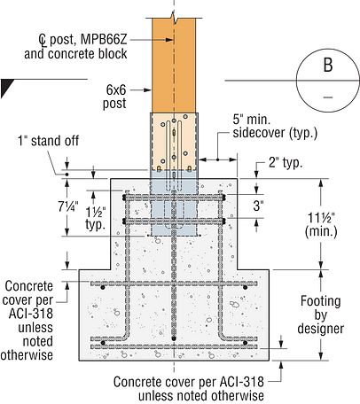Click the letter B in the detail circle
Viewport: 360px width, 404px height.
(328, 65)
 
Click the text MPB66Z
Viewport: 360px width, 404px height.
(104, 39)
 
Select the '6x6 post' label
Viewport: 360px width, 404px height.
(114, 97)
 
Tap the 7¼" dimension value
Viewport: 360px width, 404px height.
(68, 206)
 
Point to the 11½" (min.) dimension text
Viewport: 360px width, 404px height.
(321, 225)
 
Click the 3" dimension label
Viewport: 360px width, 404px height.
(258, 206)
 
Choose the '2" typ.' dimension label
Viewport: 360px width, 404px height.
(286, 162)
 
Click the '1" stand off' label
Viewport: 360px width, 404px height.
(48, 141)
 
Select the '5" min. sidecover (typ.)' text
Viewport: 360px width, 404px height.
(275, 127)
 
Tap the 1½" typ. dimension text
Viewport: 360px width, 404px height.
(96, 219)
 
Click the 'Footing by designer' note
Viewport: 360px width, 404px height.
(321, 315)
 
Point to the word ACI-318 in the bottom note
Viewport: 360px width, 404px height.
(241, 382)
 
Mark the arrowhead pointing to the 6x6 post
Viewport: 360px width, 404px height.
(148, 89)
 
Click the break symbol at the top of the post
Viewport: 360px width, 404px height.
(174, 18)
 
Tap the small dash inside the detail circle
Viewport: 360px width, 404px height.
(328, 97)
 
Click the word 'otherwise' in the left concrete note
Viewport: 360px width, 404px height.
(27, 354)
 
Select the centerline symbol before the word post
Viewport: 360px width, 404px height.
(43, 40)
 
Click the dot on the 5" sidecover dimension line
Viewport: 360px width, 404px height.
(217, 159)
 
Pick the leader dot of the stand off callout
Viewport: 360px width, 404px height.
(67, 175)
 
